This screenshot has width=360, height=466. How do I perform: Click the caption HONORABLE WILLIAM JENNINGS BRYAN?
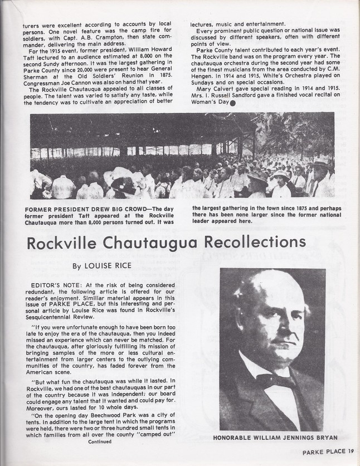click(273, 438)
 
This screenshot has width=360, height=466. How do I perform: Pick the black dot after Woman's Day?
click(231, 102)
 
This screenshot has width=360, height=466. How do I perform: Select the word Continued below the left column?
click(99, 441)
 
